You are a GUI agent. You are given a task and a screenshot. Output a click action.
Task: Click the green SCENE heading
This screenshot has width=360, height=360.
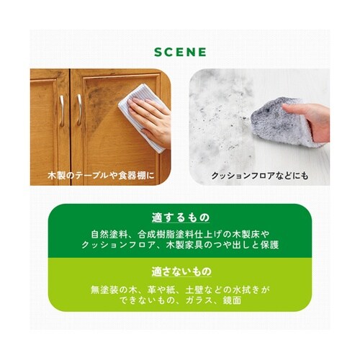tap(180, 52)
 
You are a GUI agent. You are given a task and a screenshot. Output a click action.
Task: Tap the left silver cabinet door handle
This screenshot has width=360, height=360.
tap(62, 110)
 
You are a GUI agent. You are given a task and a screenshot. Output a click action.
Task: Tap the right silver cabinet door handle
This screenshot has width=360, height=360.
tap(79, 109)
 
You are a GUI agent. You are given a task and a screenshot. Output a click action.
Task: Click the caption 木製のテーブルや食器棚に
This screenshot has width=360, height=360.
tap(101, 176)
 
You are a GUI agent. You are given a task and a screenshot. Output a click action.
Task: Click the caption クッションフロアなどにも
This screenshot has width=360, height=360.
tap(260, 176)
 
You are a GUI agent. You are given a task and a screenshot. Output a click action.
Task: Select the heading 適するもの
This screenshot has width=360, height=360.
tap(181, 217)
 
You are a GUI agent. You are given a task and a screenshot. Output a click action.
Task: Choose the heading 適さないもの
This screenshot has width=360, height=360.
tap(181, 271)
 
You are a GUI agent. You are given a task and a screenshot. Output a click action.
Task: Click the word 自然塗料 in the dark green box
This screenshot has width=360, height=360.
tap(109, 234)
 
